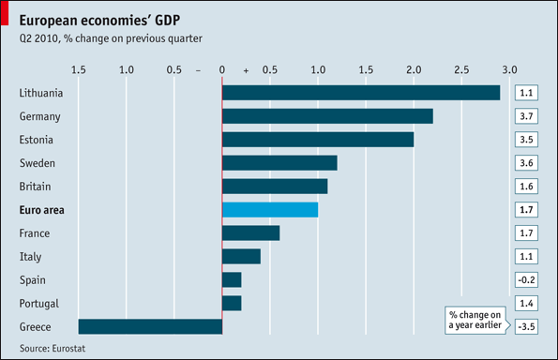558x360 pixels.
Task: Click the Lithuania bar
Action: [361, 93]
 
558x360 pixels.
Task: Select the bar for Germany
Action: [327, 116]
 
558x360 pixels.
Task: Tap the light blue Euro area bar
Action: [270, 210]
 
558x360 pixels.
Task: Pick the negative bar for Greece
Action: [150, 326]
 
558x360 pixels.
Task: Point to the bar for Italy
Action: [241, 257]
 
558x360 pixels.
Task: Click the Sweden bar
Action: [279, 163]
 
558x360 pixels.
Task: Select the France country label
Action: [35, 233]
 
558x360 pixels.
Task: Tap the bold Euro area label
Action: [41, 210]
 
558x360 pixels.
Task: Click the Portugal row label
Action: [39, 304]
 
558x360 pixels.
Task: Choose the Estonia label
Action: [36, 140]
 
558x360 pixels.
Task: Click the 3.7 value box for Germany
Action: [526, 116]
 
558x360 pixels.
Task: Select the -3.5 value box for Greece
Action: [526, 326]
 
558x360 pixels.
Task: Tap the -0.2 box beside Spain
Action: [526, 280]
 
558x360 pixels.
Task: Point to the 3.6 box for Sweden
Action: [526, 163]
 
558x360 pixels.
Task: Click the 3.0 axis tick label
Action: [509, 69]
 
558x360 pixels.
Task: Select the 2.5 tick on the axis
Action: [461, 69]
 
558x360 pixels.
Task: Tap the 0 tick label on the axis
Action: [222, 69]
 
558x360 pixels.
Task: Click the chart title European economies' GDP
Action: [99, 21]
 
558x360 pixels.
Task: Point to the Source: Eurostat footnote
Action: [53, 348]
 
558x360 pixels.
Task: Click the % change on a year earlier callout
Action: [475, 321]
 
